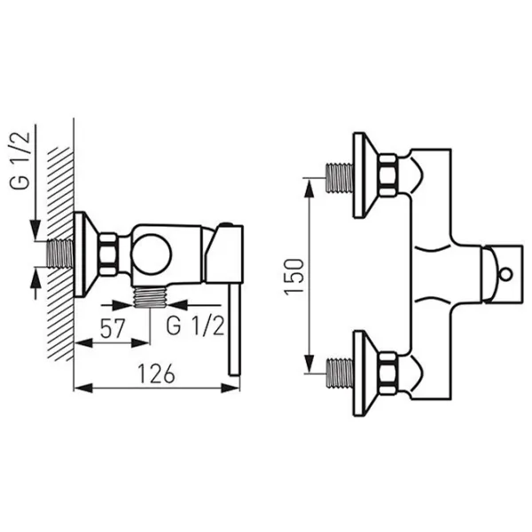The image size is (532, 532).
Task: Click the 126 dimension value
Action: click(156, 373)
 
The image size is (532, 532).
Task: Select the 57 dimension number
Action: click(113, 328)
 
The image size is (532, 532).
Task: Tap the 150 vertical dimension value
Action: click(293, 277)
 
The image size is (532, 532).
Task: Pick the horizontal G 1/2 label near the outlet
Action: click(195, 326)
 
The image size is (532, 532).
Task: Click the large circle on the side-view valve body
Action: click(152, 254)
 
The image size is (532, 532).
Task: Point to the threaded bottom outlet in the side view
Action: click(150, 297)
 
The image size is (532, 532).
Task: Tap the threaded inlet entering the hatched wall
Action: click(60, 254)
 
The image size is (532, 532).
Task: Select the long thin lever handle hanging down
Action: click(234, 329)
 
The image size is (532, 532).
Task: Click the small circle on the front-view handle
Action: click(506, 273)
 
